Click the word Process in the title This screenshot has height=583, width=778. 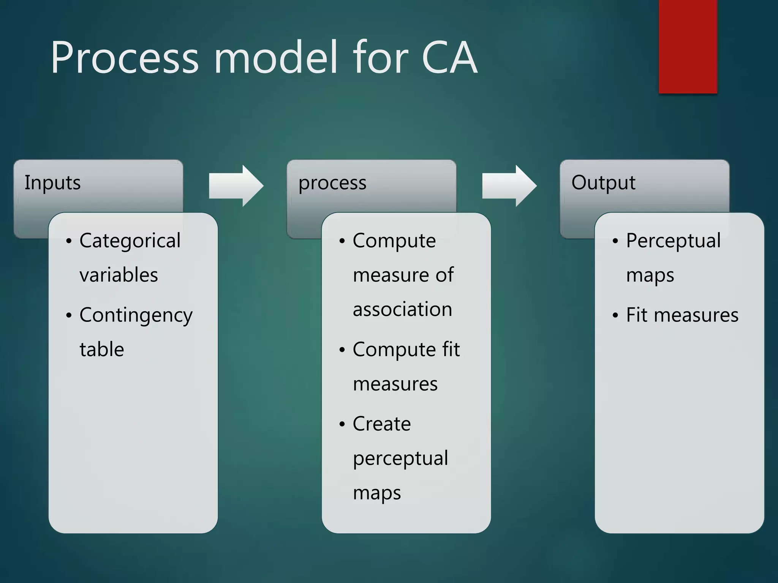[x=125, y=58]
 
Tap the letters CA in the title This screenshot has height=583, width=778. [x=449, y=58]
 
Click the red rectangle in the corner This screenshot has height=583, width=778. [x=688, y=46]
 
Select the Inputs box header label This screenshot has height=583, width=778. [x=53, y=183]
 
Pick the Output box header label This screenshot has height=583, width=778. [x=603, y=183]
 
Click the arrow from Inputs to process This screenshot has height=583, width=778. [x=236, y=186]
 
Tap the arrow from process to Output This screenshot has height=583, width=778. [x=509, y=186]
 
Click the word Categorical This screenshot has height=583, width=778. [x=130, y=241]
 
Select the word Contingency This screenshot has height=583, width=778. [x=136, y=315]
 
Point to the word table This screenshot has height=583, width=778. [x=102, y=349]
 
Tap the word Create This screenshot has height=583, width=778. [x=381, y=424]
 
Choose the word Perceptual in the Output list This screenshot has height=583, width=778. [x=673, y=241]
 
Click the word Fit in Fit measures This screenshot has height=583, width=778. [x=636, y=315]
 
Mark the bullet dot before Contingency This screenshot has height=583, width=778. [x=68, y=315]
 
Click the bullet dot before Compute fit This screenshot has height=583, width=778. [x=342, y=350]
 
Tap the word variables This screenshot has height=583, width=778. [x=119, y=275]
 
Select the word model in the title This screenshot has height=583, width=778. [x=276, y=58]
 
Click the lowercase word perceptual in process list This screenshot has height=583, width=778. [x=400, y=459]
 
